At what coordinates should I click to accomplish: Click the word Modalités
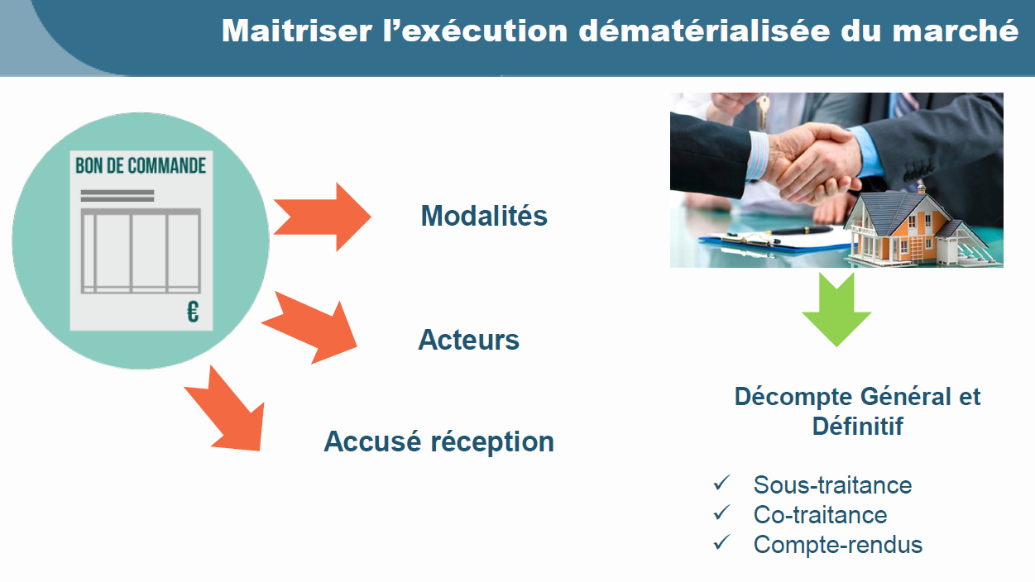coord(484,216)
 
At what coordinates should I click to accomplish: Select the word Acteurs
coord(468,340)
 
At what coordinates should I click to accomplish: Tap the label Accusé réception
coord(439,441)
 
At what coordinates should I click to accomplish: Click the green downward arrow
coord(836,309)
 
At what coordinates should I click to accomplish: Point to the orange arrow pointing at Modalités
coord(323,217)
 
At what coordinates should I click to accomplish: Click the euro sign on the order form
coord(193,312)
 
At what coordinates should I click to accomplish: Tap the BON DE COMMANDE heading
coord(141,165)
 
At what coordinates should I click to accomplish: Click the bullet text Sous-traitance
coord(832,485)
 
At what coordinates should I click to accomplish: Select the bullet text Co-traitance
coord(820,514)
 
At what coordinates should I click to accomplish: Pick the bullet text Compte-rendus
coord(838,545)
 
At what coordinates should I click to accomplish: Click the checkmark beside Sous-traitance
coord(721,483)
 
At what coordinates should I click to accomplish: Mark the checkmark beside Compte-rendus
coord(721,542)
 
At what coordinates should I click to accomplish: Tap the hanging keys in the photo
coord(763,111)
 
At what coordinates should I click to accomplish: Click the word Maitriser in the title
coord(297,31)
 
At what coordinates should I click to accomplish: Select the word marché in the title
coord(955,31)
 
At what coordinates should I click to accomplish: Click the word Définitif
coord(858,426)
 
